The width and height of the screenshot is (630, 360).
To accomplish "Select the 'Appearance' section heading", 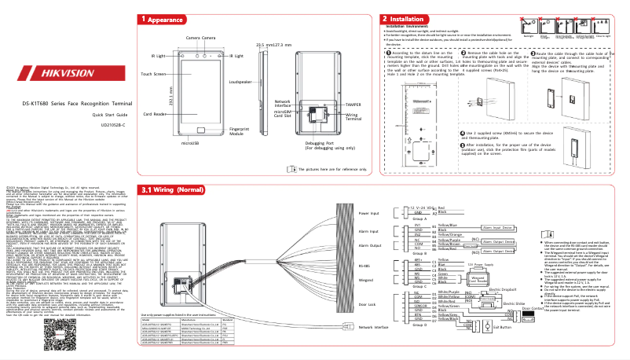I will click(169, 18).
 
